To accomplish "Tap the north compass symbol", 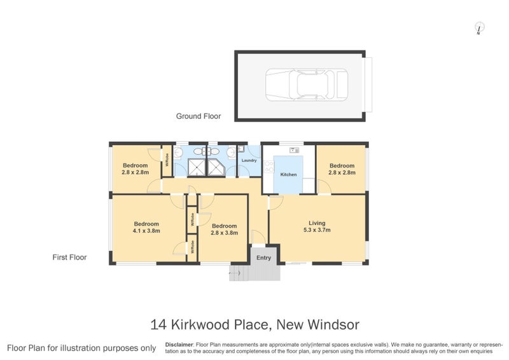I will click(480, 27).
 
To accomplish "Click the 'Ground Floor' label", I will click(199, 116).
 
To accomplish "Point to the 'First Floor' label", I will click(69, 258).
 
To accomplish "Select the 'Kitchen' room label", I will click(289, 174).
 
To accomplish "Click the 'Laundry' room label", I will click(249, 160).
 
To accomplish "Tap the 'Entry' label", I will click(263, 258).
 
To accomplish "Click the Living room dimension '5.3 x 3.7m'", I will click(317, 230).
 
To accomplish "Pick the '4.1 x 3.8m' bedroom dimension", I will click(146, 231).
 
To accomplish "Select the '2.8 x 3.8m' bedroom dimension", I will click(224, 233).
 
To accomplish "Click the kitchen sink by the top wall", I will click(294, 150).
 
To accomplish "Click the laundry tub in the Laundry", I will click(241, 150).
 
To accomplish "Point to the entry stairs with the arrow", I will click(238, 272).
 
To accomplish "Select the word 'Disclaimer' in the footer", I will click(179, 343).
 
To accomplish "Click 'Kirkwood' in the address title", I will click(204, 325).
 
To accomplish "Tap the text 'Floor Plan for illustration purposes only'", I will click(81, 348).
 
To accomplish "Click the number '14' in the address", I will click(160, 325).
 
